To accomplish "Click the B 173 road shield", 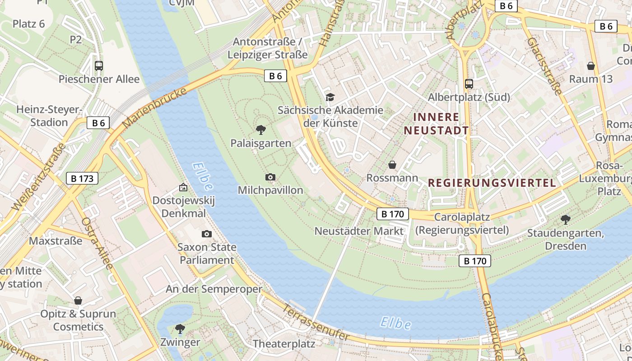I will [x=82, y=178].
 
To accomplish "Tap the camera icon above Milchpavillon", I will [x=270, y=177].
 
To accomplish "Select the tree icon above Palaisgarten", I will [x=260, y=130].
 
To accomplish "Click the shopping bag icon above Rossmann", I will [x=392, y=165].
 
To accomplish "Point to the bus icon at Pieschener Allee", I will [x=99, y=66].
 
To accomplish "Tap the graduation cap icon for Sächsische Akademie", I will [x=330, y=97].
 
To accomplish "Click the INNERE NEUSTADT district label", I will [x=436, y=124].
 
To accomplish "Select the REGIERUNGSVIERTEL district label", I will [x=492, y=183].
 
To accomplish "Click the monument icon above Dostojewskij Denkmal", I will [x=183, y=187].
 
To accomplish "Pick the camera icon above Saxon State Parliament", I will [x=207, y=234].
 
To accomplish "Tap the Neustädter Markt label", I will [x=359, y=231].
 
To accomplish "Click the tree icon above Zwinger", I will [x=180, y=329].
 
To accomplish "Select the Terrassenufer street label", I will [x=316, y=322].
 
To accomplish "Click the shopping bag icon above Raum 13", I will [x=590, y=66].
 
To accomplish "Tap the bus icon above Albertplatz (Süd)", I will [x=469, y=83].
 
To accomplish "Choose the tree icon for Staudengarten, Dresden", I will [x=565, y=220].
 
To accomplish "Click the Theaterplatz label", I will [x=283, y=343].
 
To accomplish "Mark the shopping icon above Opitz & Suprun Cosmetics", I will [x=78, y=301].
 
